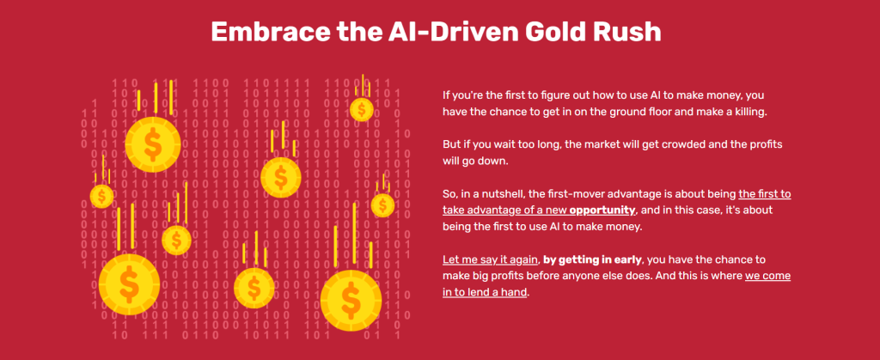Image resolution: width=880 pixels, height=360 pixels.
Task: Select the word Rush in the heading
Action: (633, 32)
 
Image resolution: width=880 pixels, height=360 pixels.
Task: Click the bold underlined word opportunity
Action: (602, 211)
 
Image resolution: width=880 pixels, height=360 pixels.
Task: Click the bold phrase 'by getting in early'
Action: (593, 260)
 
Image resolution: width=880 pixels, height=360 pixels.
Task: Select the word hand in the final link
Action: (516, 293)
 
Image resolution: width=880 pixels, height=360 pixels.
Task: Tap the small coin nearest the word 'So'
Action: (382, 204)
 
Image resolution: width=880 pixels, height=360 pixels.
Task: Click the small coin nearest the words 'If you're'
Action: (362, 109)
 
